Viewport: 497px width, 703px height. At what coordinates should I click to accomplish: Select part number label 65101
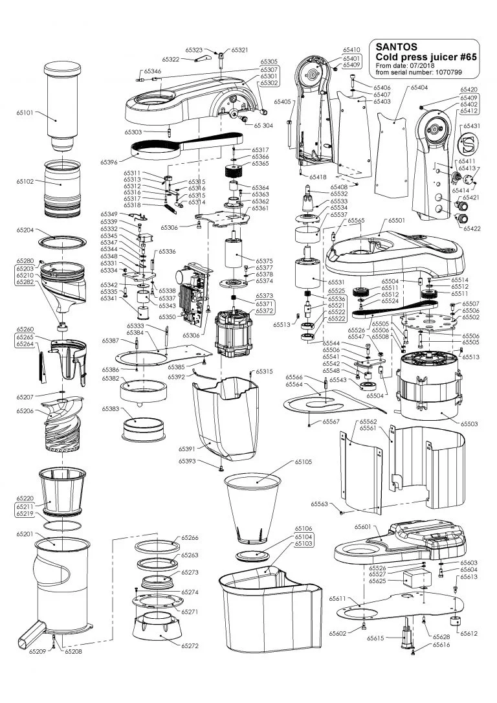tap(25, 112)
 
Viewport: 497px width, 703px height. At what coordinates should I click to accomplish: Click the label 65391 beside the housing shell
tap(188, 449)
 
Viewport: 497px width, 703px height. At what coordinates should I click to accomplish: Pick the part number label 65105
tap(303, 462)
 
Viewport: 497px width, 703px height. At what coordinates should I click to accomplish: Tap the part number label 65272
tap(190, 646)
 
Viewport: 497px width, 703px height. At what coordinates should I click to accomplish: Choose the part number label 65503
tap(469, 423)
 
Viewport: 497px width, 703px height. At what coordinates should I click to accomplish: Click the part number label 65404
tap(419, 87)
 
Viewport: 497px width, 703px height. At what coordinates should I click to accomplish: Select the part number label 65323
tap(194, 50)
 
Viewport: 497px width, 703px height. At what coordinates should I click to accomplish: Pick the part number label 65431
tap(470, 125)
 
